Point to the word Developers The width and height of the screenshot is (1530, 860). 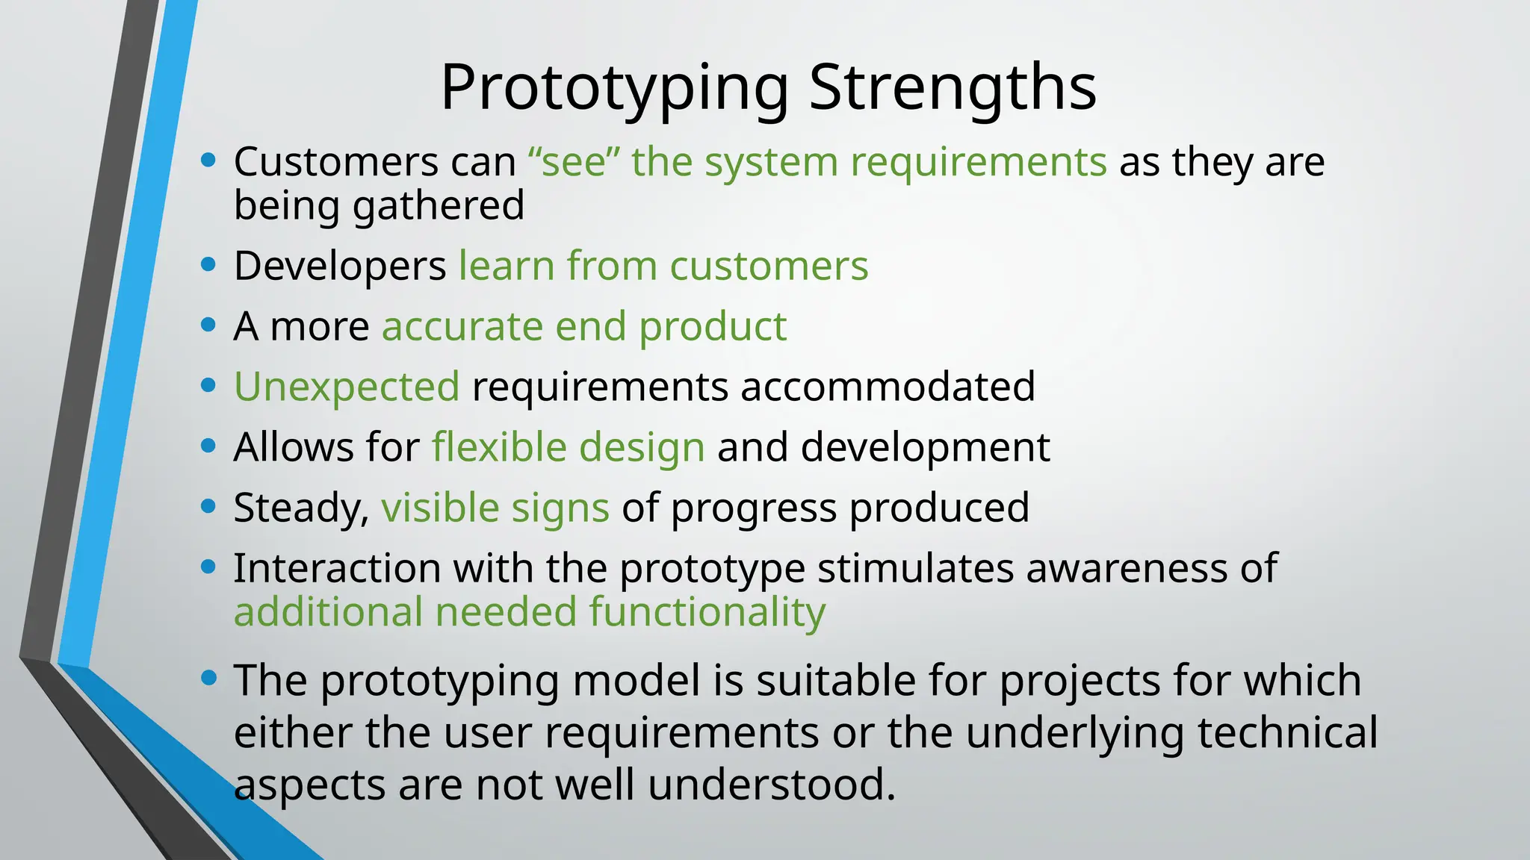pyautogui.click(x=340, y=266)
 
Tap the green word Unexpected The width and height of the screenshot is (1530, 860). pyautogui.click(x=347, y=387)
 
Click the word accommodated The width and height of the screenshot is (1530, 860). pyautogui.click(x=888, y=387)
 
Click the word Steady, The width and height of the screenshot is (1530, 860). pyautogui.click(x=301, y=508)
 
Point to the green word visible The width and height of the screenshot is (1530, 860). pyautogui.click(x=440, y=508)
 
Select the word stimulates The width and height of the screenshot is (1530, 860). pyautogui.click(x=914, y=568)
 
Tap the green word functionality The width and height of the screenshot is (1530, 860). pyautogui.click(x=707, y=612)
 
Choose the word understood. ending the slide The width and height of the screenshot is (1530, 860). pyautogui.click(x=771, y=785)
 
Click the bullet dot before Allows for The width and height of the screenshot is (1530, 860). pyautogui.click(x=208, y=446)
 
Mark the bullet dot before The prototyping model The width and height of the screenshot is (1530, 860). pyautogui.click(x=208, y=678)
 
